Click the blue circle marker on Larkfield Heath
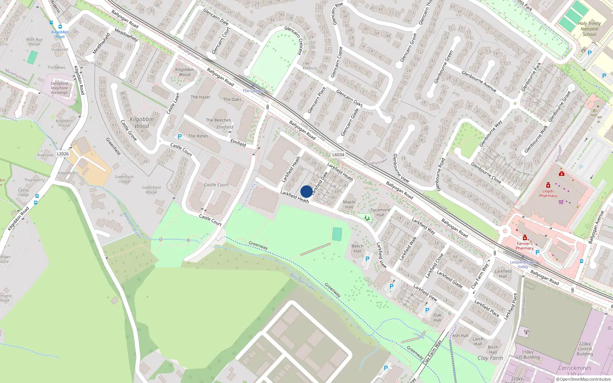click(x=306, y=191)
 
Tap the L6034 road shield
click(x=338, y=155)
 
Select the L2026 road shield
click(x=63, y=154)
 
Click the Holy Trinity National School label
click(x=589, y=29)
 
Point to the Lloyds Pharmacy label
click(x=548, y=193)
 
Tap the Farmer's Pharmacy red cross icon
click(x=525, y=238)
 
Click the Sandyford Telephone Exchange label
click(x=59, y=88)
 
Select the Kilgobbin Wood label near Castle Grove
click(x=142, y=123)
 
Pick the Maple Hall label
click(x=349, y=205)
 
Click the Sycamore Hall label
click(x=380, y=212)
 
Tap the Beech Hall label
click(x=357, y=249)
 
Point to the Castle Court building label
click(x=216, y=185)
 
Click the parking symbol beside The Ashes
click(x=180, y=137)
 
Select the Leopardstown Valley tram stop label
click(x=523, y=264)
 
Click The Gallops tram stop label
click(x=253, y=91)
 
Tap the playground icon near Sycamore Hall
click(x=367, y=218)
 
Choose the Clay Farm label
click(x=490, y=358)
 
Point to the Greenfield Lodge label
click(x=124, y=179)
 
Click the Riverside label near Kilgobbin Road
click(x=45, y=155)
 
